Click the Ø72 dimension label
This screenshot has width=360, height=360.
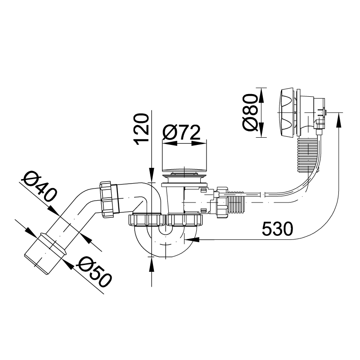[x=181, y=132]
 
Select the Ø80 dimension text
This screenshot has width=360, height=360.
[x=250, y=112]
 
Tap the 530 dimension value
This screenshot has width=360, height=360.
[x=277, y=229]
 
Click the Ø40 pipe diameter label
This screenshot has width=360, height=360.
[x=39, y=187]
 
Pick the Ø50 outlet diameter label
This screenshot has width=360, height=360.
[x=94, y=272]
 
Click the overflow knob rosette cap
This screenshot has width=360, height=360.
[x=287, y=112]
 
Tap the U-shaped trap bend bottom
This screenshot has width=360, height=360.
[x=166, y=243]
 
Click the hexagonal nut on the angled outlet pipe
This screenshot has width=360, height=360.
[x=109, y=199]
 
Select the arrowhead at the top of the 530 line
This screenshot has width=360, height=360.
[x=339, y=120]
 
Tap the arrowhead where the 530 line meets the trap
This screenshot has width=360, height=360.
[x=192, y=240]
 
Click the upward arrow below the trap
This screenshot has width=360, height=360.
[x=152, y=265]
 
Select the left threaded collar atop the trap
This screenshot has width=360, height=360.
[x=146, y=220]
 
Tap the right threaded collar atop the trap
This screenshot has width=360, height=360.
[x=184, y=220]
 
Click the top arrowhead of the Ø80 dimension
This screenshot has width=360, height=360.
[x=261, y=95]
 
